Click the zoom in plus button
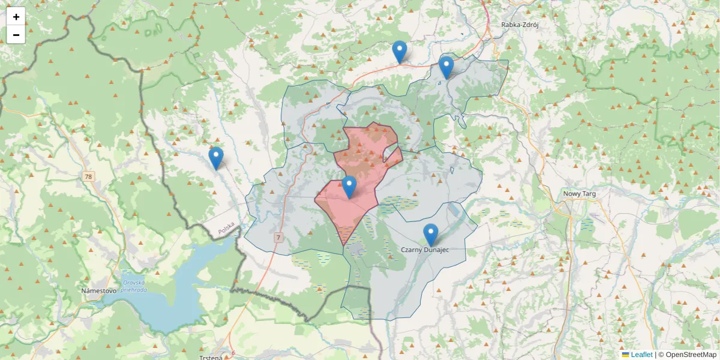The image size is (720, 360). [x=16, y=17]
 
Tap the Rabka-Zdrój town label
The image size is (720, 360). [x=520, y=25]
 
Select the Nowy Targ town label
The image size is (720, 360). [x=579, y=193]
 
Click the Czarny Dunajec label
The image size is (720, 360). [x=424, y=249]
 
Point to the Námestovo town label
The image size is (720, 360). [x=98, y=290]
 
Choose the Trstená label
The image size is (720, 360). [x=211, y=358]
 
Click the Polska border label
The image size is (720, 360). [x=226, y=229]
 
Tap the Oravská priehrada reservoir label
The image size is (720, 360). [x=133, y=286]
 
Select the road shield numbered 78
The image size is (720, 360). [x=88, y=176]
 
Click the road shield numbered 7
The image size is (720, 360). [x=278, y=238]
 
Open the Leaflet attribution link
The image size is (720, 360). [x=641, y=355]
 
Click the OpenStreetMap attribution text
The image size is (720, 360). [x=687, y=355]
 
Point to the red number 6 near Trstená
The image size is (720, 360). [x=233, y=352]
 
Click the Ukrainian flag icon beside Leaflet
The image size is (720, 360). [x=625, y=355]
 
